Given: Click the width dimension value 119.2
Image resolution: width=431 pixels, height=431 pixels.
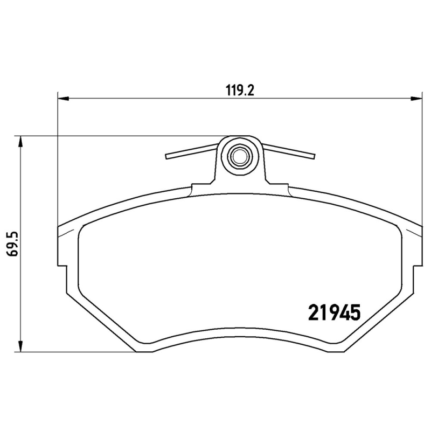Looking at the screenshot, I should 239,91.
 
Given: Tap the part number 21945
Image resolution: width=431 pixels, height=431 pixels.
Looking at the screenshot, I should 333,312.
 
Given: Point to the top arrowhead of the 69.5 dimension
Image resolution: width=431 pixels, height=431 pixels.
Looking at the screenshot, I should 20,141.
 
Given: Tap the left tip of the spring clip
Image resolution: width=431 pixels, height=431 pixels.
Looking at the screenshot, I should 168,157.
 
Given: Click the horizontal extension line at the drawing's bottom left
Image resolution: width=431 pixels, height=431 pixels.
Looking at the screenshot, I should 75,352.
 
